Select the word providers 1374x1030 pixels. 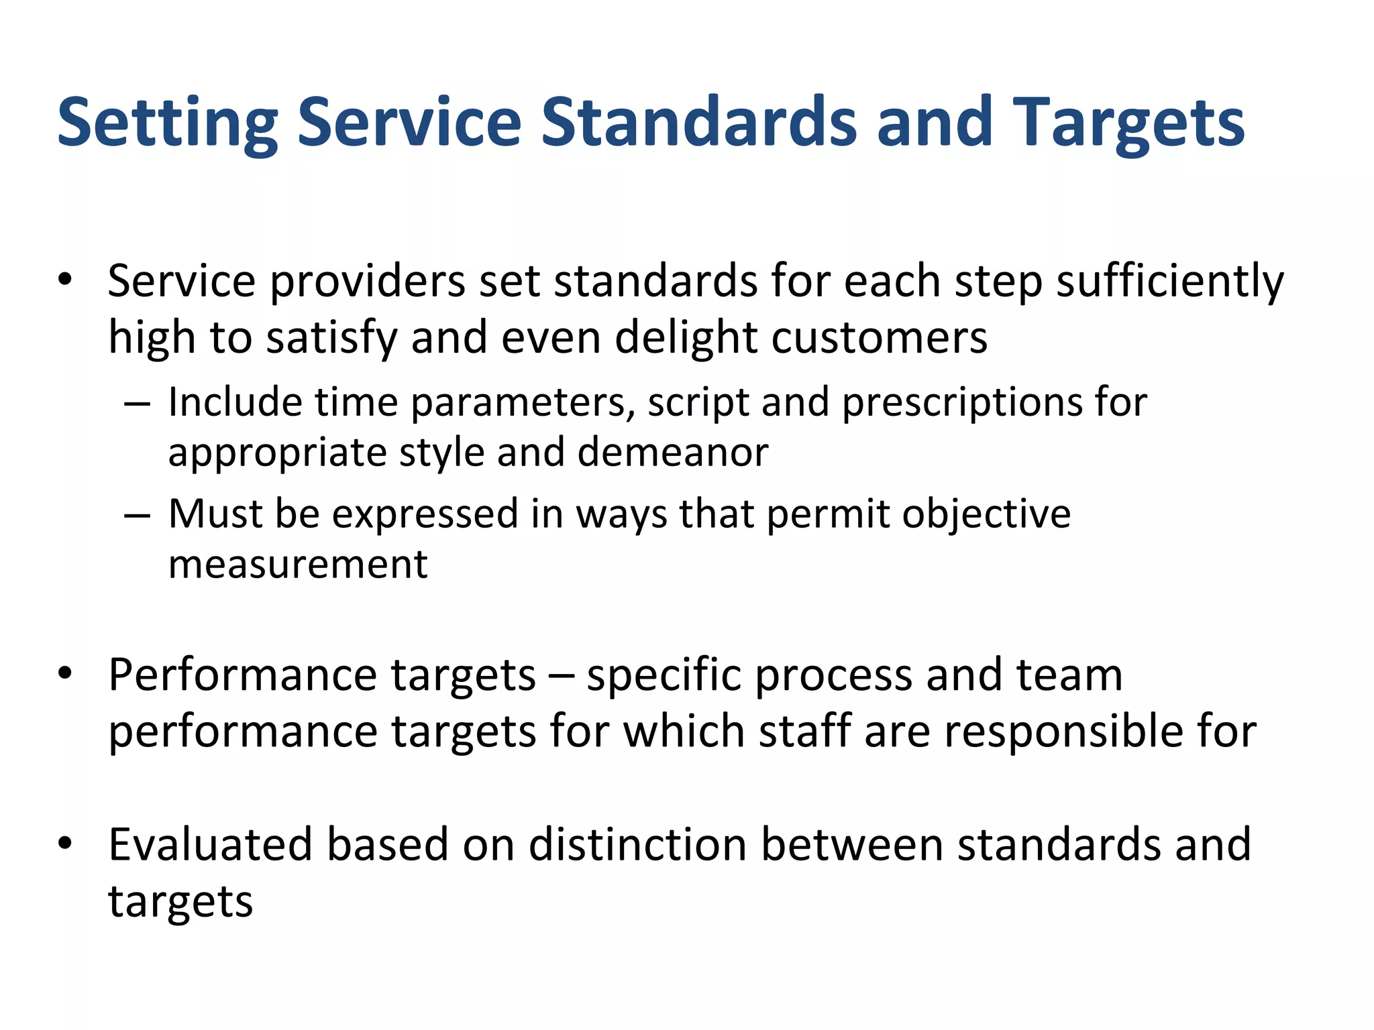[367, 282]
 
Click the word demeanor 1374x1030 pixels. [672, 453]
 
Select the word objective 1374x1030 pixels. [986, 515]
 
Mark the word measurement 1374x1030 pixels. [298, 565]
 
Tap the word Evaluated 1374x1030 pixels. [211, 844]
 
